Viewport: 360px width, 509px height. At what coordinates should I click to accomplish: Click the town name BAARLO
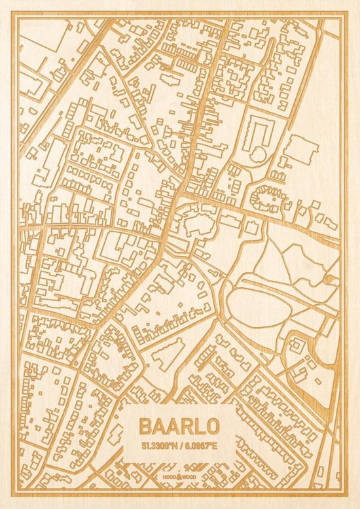(x=179, y=425)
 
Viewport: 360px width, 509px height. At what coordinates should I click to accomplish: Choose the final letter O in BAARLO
(x=213, y=425)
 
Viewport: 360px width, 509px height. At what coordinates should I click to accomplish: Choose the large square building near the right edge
(x=300, y=150)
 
